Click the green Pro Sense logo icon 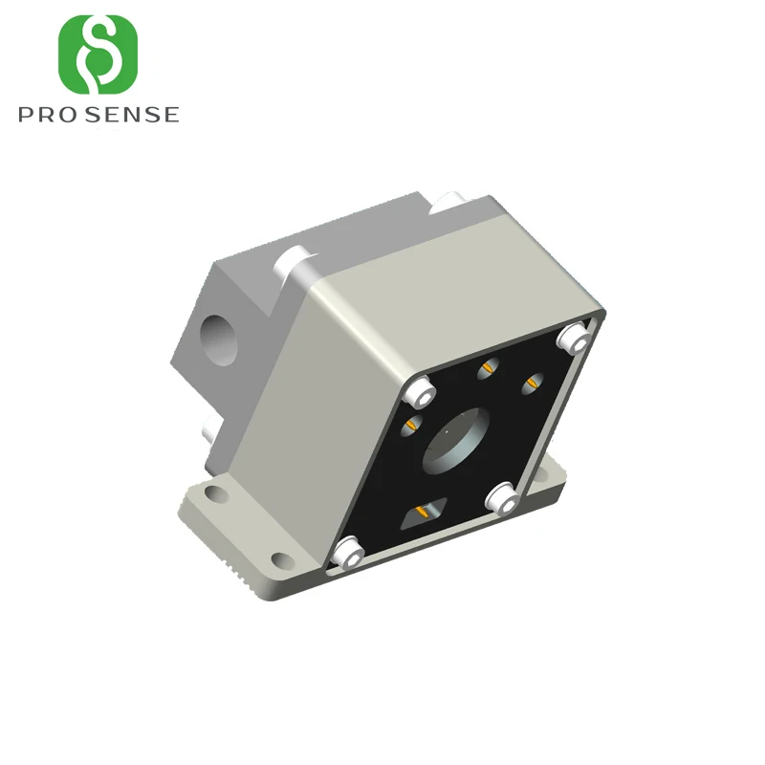pyautogui.click(x=98, y=55)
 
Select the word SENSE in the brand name pyautogui.click(x=135, y=115)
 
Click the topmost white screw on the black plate pyautogui.click(x=575, y=338)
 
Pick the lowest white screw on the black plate pyautogui.click(x=348, y=553)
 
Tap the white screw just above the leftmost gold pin pyautogui.click(x=420, y=392)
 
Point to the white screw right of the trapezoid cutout pyautogui.click(x=503, y=497)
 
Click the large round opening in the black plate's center pyautogui.click(x=456, y=441)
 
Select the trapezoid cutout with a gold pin pyautogui.click(x=423, y=513)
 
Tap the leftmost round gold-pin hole pyautogui.click(x=411, y=426)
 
